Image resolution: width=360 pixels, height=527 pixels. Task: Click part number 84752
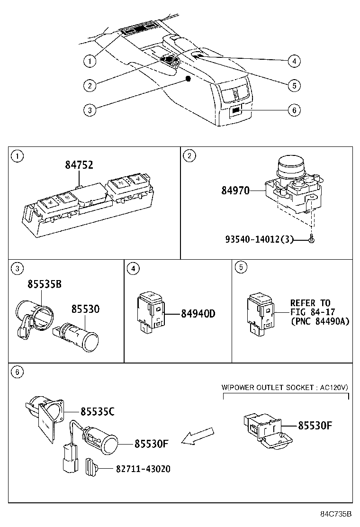click(x=79, y=165)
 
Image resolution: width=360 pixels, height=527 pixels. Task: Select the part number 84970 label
click(x=235, y=191)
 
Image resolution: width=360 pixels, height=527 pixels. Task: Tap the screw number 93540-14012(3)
click(x=259, y=240)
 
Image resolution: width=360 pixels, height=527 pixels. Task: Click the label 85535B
click(x=44, y=284)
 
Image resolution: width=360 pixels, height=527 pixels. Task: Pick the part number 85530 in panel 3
click(x=85, y=309)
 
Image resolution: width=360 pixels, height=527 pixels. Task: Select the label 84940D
click(x=198, y=314)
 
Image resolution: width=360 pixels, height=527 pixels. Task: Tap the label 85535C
click(x=97, y=411)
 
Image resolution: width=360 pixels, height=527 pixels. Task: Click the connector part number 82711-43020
click(x=143, y=469)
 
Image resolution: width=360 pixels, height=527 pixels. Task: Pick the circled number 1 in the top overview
click(x=89, y=61)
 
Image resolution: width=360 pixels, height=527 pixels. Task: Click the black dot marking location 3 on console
click(x=188, y=79)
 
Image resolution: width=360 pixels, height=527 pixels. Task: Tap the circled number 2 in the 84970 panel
click(x=189, y=156)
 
